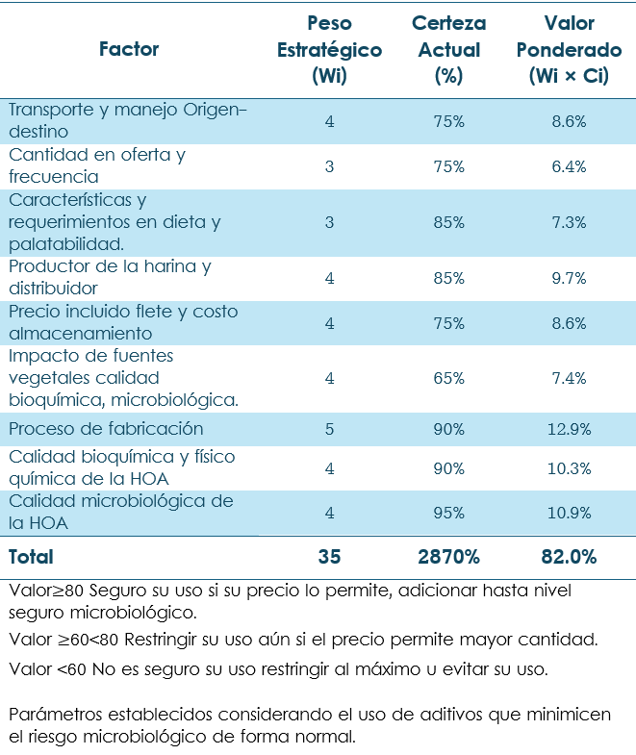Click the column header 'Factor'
coord(129,49)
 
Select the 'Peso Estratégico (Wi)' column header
coord(329,49)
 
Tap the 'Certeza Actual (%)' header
coord(448,49)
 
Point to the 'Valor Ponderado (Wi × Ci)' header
coord(569,49)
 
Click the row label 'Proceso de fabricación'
coord(106,429)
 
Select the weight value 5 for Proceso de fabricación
coord(329,429)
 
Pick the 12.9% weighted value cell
coord(569,429)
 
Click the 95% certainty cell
coord(448,513)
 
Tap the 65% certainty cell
coord(448,378)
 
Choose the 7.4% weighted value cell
coord(569,378)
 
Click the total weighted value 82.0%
coord(569,557)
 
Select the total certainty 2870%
coord(448,557)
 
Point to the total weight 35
coord(329,557)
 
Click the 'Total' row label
coord(32,557)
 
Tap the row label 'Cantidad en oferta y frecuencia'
coord(96,165)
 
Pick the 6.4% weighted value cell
coord(569,166)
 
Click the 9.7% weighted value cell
coord(569,278)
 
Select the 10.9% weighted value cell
coord(569,513)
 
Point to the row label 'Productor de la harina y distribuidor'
coord(109,277)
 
